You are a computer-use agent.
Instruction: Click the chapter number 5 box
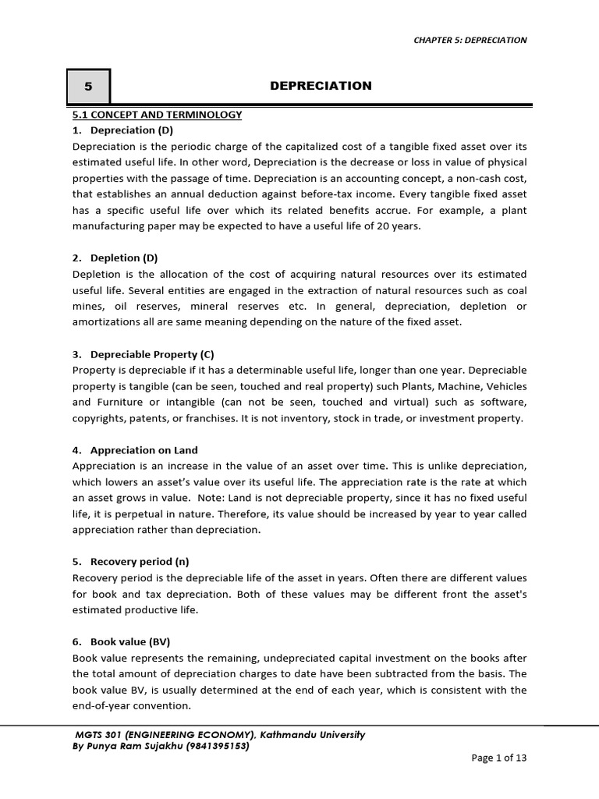tap(88, 87)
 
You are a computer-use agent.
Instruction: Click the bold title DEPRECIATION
tap(321, 86)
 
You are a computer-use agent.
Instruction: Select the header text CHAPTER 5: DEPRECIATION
tap(470, 40)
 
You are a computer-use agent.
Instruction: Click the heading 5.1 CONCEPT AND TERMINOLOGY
tap(157, 115)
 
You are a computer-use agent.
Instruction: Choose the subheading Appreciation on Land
tap(144, 450)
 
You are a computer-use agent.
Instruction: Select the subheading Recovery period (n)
tap(140, 561)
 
